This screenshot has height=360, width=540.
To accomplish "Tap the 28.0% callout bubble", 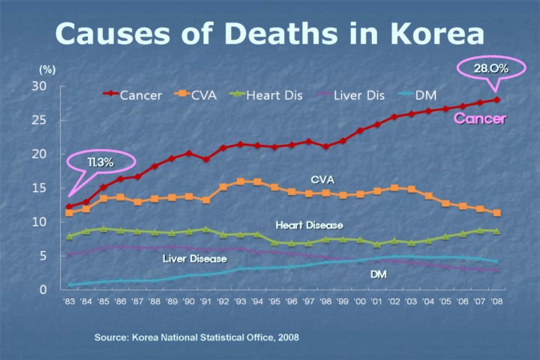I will [491, 68].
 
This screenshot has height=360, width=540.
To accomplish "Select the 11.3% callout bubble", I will [100, 163].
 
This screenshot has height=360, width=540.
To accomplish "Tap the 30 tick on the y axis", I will [40, 86].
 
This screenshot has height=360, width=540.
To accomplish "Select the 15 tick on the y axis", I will [40, 188].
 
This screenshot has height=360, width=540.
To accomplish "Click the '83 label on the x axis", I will [70, 303].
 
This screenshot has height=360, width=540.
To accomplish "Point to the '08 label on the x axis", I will [496, 303].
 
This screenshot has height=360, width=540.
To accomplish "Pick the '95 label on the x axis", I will [274, 303].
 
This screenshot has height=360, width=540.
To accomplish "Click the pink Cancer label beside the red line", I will [480, 118].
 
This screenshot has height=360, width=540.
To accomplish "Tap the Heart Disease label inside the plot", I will [309, 225].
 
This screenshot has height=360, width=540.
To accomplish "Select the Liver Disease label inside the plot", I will [194, 259].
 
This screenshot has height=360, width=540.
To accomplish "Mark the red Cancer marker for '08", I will [496, 100].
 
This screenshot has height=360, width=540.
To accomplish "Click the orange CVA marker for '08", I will [496, 213].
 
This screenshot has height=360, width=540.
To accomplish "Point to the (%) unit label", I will [47, 69].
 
